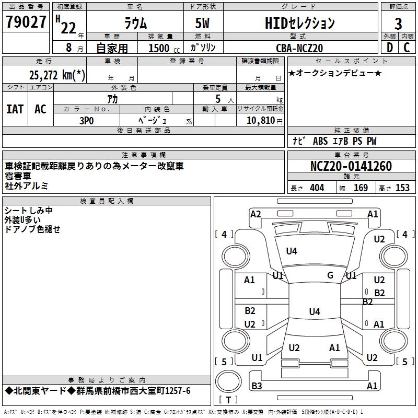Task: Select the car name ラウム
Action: pyautogui.click(x=137, y=24)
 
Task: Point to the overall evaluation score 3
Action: pyautogui.click(x=398, y=24)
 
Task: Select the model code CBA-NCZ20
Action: pyautogui.click(x=299, y=48)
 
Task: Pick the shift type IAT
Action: pyautogui.click(x=15, y=109)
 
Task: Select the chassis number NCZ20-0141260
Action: pyautogui.click(x=351, y=166)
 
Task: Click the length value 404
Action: pyautogui.click(x=317, y=188)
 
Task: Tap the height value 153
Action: pyautogui.click(x=402, y=188)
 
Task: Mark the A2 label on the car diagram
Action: pyautogui.click(x=256, y=214)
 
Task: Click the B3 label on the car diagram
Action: pyautogui.click(x=257, y=386)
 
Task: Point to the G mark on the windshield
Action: pyautogui.click(x=330, y=275)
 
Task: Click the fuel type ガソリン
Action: pyautogui.click(x=203, y=48)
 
